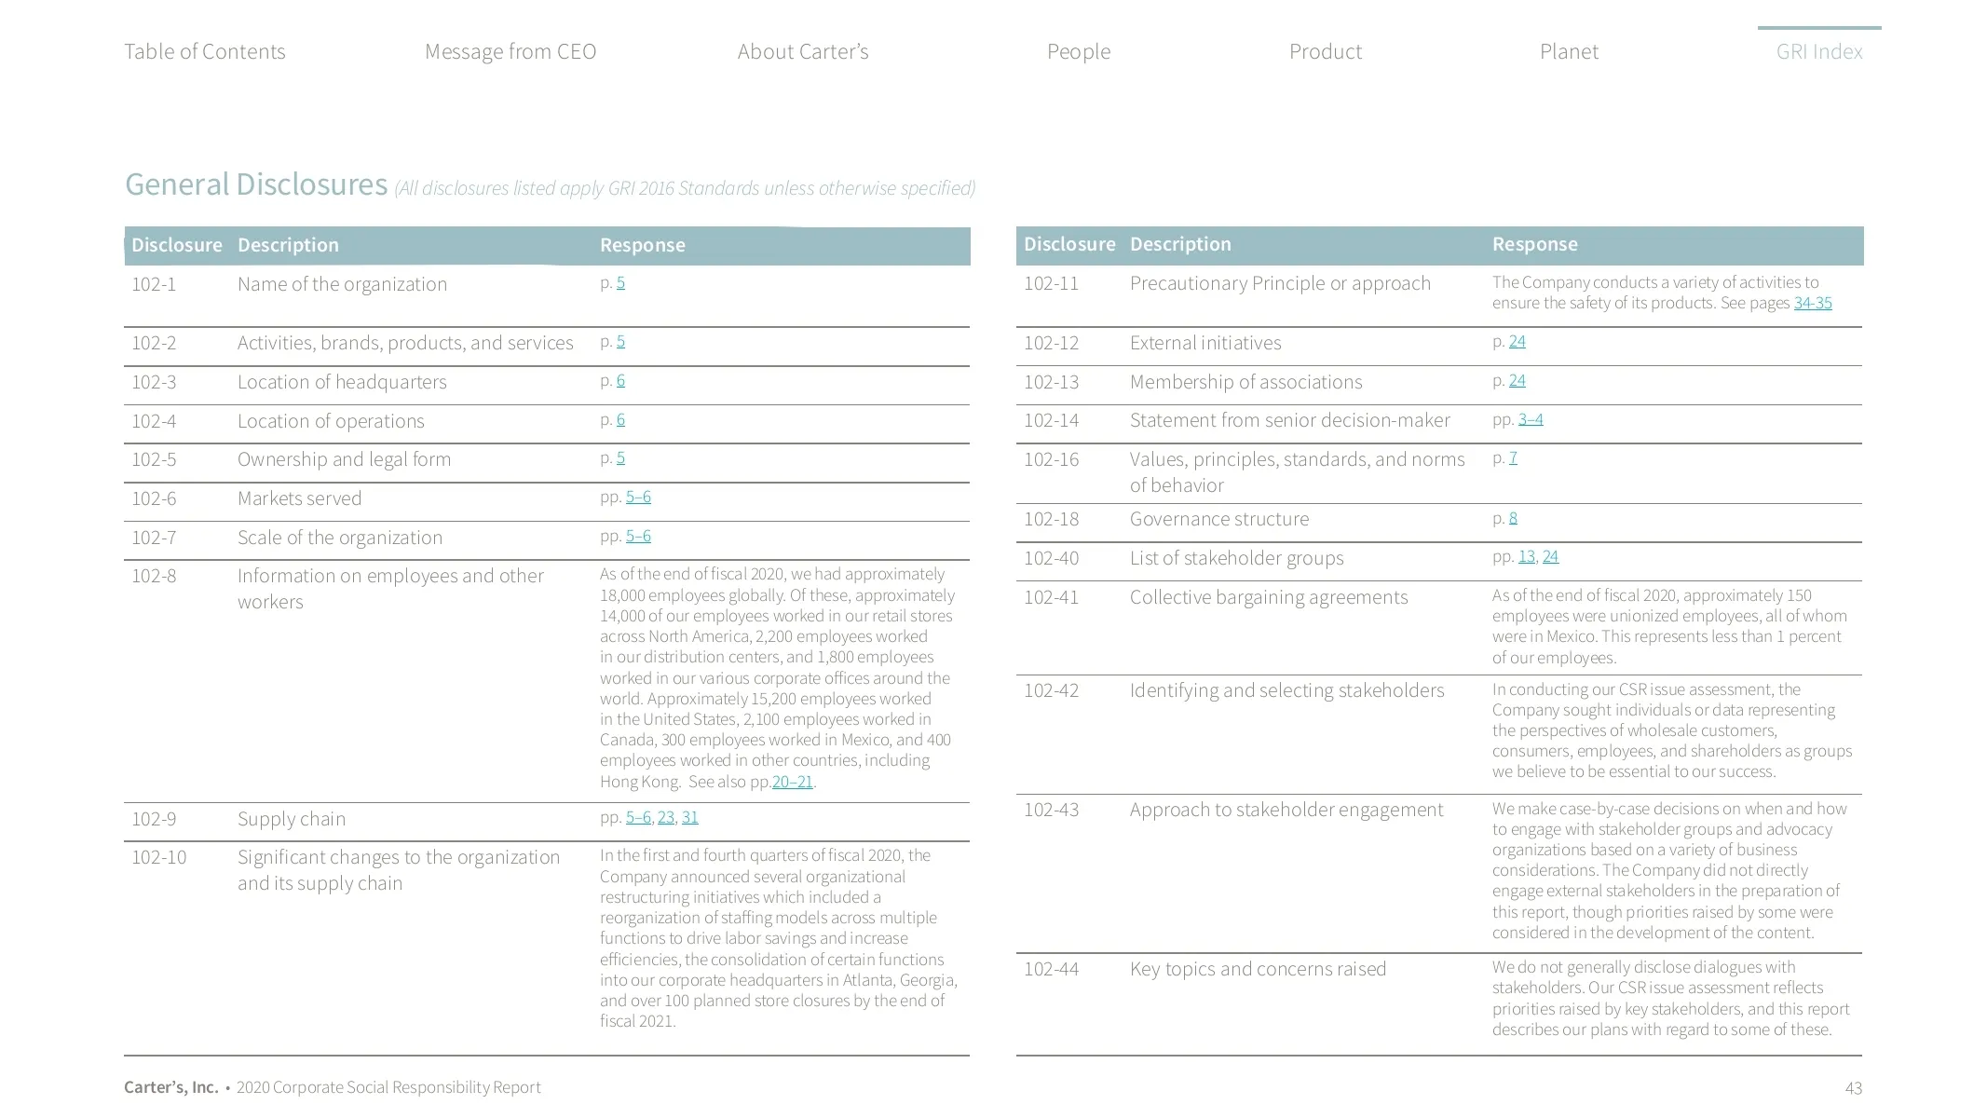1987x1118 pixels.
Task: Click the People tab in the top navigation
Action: click(x=1078, y=52)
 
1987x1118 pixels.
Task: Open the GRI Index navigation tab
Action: click(x=1818, y=52)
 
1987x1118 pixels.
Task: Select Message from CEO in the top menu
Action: click(x=510, y=52)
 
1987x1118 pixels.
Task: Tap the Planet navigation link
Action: click(x=1569, y=52)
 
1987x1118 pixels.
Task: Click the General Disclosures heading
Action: click(x=256, y=184)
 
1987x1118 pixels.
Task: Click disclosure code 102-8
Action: click(x=154, y=576)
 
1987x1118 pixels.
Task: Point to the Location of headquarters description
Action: click(x=342, y=382)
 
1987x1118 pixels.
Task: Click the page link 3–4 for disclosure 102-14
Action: click(x=1531, y=419)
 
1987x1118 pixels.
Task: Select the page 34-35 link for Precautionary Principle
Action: click(x=1812, y=303)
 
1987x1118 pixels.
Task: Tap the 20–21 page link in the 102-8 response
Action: click(x=793, y=782)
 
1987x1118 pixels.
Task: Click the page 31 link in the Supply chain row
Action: click(x=689, y=817)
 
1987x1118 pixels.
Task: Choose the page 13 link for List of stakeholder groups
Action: click(x=1526, y=556)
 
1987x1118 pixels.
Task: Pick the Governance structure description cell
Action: click(x=1218, y=519)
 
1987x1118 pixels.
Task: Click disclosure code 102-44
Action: click(x=1051, y=969)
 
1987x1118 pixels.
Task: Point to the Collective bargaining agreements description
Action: click(x=1268, y=597)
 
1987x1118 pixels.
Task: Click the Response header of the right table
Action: click(x=1534, y=244)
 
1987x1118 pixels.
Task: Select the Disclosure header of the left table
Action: click(x=176, y=245)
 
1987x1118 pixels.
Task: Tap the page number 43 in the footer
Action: click(x=1853, y=1088)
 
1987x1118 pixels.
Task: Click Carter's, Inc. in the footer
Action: click(x=170, y=1087)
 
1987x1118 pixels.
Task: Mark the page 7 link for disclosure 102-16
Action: click(x=1513, y=457)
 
